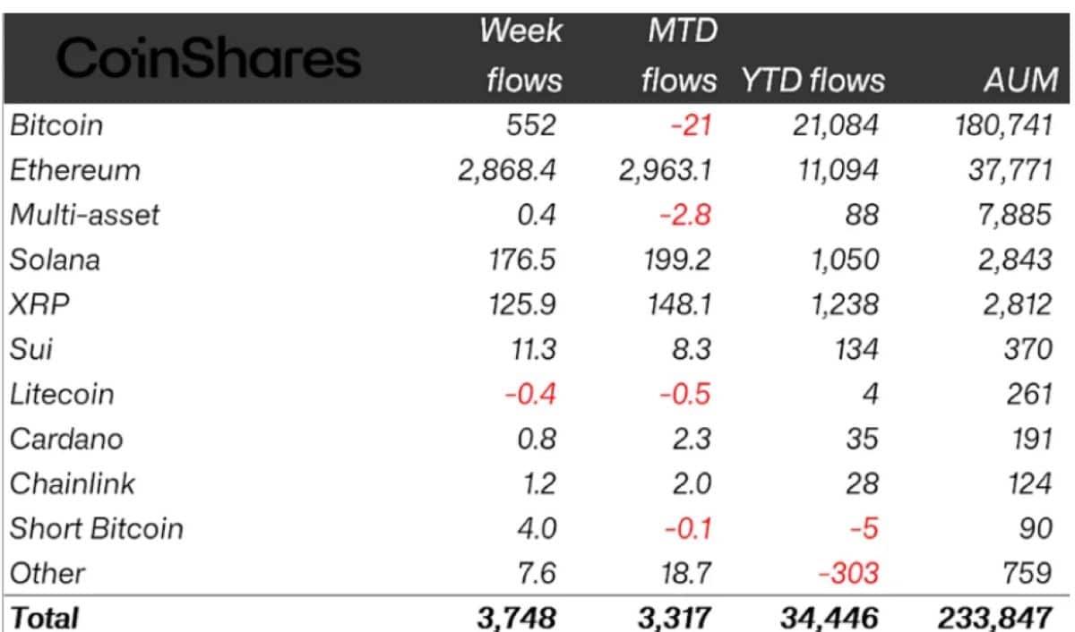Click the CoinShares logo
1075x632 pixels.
pyautogui.click(x=209, y=58)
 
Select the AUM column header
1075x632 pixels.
pyautogui.click(x=1020, y=80)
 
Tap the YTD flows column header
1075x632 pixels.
pyautogui.click(x=813, y=80)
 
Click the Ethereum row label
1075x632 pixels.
pyautogui.click(x=75, y=170)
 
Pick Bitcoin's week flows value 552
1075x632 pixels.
pyautogui.click(x=531, y=125)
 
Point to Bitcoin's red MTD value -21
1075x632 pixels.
pyautogui.click(x=691, y=125)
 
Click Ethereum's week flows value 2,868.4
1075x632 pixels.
pyautogui.click(x=507, y=170)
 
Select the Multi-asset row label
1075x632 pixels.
pyautogui.click(x=84, y=214)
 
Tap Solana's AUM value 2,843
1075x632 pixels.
pyautogui.click(x=1015, y=260)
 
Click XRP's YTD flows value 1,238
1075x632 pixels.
pyautogui.click(x=845, y=304)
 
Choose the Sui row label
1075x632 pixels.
pyautogui.click(x=30, y=348)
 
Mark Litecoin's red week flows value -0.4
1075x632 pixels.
pyautogui.click(x=530, y=394)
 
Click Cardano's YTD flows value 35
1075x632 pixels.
pyautogui.click(x=863, y=439)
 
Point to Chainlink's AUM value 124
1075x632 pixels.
pyautogui.click(x=1030, y=483)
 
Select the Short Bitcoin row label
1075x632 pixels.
pyautogui.click(x=97, y=528)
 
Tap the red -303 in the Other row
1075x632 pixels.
pyautogui.click(x=848, y=573)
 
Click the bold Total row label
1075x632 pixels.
pyautogui.click(x=44, y=617)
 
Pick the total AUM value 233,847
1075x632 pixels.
pyautogui.click(x=995, y=618)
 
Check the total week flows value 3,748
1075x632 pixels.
pyautogui.click(x=517, y=618)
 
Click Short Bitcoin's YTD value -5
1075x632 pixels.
pyautogui.click(x=864, y=528)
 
